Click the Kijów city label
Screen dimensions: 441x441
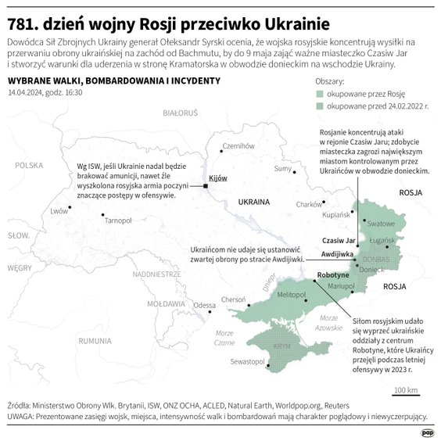coord(219,178)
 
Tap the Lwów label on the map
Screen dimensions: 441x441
coord(59,211)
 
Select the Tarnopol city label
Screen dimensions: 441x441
coord(118,221)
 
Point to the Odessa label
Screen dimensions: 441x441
coord(205,305)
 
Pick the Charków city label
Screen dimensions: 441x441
coord(310,205)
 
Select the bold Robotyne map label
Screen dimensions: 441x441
coord(333,275)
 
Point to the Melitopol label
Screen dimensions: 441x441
coord(291,294)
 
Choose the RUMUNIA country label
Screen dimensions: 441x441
coord(95,340)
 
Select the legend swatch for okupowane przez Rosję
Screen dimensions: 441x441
coord(318,94)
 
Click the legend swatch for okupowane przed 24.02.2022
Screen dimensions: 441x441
coord(318,106)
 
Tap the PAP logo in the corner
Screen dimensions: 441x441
coord(428,431)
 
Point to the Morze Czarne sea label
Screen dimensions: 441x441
coord(224,339)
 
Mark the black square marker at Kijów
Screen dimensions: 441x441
coord(206,186)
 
